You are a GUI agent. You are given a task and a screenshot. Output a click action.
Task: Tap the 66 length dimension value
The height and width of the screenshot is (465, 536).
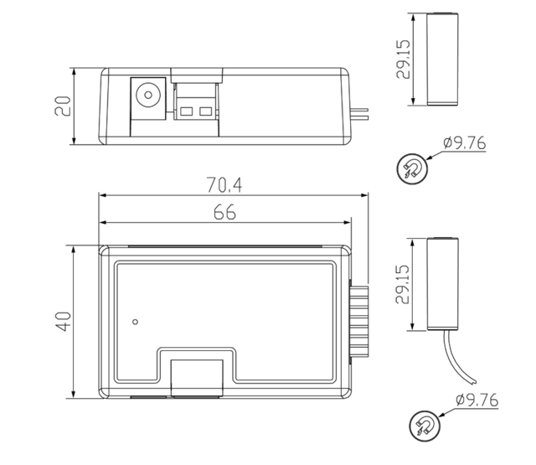pyautogui.click(x=224, y=213)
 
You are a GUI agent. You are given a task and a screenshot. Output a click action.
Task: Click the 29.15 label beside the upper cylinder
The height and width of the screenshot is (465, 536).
pyautogui.click(x=405, y=58)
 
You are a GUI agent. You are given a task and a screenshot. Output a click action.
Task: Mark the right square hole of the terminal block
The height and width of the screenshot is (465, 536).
pyautogui.click(x=206, y=111)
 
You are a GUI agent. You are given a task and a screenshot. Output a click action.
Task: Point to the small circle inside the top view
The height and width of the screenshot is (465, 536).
pyautogui.click(x=136, y=319)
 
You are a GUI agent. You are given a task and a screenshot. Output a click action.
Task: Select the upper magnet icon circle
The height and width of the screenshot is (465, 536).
pyautogui.click(x=410, y=168)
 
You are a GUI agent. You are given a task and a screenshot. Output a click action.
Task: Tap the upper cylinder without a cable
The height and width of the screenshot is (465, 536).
pyautogui.click(x=442, y=59)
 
